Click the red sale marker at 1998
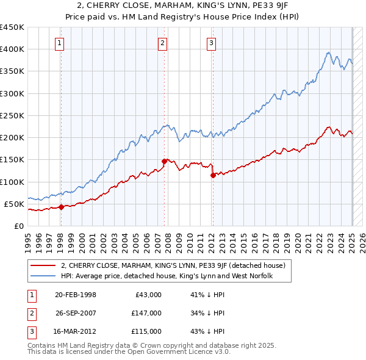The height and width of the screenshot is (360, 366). click(x=61, y=207)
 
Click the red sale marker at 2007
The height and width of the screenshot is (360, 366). click(x=165, y=161)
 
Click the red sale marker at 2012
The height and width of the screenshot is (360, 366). click(x=213, y=175)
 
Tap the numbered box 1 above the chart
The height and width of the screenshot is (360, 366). click(x=60, y=43)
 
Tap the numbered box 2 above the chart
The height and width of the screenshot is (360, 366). click(x=163, y=43)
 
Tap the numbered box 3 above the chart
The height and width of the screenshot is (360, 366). click(x=211, y=43)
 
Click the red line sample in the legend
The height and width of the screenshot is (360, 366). click(x=43, y=265)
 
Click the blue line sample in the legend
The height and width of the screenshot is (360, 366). click(x=43, y=276)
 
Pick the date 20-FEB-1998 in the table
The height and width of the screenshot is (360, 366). click(x=76, y=295)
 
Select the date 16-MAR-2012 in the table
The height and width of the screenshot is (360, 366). click(x=76, y=331)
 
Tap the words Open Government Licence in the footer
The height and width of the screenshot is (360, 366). click(x=168, y=352)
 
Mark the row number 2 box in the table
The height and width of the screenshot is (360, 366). click(x=30, y=313)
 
